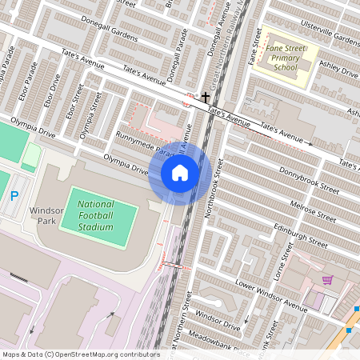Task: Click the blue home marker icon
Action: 180,173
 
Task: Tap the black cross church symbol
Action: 206,96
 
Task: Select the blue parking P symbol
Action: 14,196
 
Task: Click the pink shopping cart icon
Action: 327,280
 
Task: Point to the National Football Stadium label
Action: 96,216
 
